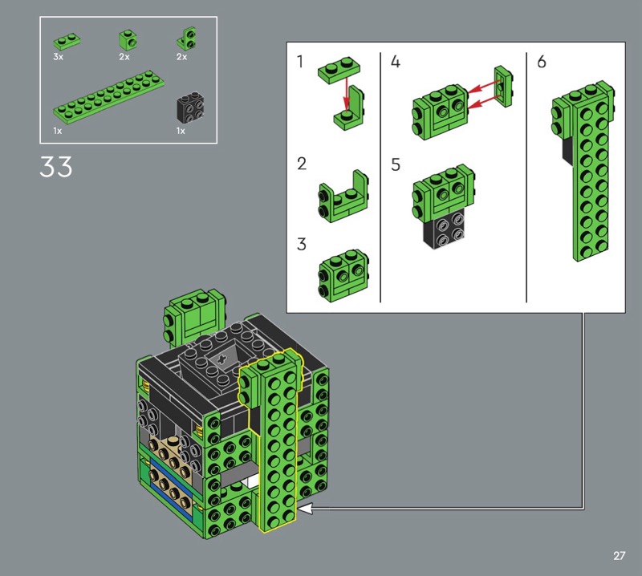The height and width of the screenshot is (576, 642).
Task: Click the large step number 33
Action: (55, 166)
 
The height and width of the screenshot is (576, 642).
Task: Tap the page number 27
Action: (619, 555)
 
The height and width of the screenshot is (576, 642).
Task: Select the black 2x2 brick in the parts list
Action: (190, 107)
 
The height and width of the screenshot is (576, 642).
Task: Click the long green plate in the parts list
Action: (109, 97)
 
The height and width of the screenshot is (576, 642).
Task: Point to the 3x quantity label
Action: (58, 57)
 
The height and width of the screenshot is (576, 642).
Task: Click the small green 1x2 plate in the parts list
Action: (67, 41)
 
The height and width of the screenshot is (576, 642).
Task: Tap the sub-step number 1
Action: (300, 62)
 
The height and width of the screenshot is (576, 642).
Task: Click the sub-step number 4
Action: (395, 62)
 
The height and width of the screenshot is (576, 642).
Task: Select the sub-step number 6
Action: (541, 62)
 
